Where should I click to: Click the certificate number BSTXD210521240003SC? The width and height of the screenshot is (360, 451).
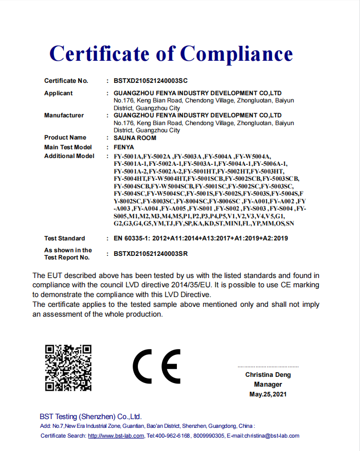point(150,81)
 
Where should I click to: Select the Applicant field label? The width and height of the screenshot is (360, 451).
point(58,93)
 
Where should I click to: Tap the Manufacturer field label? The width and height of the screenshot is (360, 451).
point(64,115)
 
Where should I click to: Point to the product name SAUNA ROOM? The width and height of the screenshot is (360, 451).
point(135,138)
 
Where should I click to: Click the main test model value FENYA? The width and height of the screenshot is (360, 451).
point(123,147)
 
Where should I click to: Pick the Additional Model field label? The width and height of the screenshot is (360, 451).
point(69,156)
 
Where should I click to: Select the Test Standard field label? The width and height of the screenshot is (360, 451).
point(64,238)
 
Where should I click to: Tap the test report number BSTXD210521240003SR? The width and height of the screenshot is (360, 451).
point(150,254)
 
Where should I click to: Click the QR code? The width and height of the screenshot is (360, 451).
point(68,368)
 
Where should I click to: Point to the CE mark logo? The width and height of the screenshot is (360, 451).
point(156,367)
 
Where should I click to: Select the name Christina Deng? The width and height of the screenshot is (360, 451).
point(268,375)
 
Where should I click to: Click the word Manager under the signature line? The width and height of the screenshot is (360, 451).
point(268,385)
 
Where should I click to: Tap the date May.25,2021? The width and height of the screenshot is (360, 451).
point(268,394)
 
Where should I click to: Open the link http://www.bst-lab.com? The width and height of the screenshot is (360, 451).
point(116,436)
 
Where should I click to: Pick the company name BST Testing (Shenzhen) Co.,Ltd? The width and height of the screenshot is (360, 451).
point(91,417)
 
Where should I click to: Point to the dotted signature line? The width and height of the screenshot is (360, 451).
point(268,367)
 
